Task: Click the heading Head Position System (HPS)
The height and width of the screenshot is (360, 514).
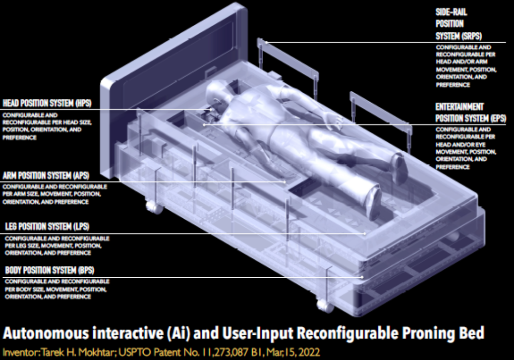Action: tap(47, 103)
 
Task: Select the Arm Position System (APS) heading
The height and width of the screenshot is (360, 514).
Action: tap(46, 175)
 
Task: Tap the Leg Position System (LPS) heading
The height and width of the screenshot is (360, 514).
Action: tap(47, 226)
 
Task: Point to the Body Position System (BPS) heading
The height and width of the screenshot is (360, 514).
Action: tap(49, 270)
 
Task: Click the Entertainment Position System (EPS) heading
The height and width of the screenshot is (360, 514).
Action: tap(471, 113)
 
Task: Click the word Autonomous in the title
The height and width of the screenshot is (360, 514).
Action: tap(46, 333)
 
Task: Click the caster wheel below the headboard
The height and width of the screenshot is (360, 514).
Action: tap(154, 207)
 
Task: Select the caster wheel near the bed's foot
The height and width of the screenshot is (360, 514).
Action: tap(325, 306)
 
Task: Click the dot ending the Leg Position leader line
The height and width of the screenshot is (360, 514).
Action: tap(365, 234)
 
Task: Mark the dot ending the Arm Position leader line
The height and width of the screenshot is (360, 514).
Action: tap(285, 182)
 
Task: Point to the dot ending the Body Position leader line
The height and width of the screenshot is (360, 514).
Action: tap(362, 277)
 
